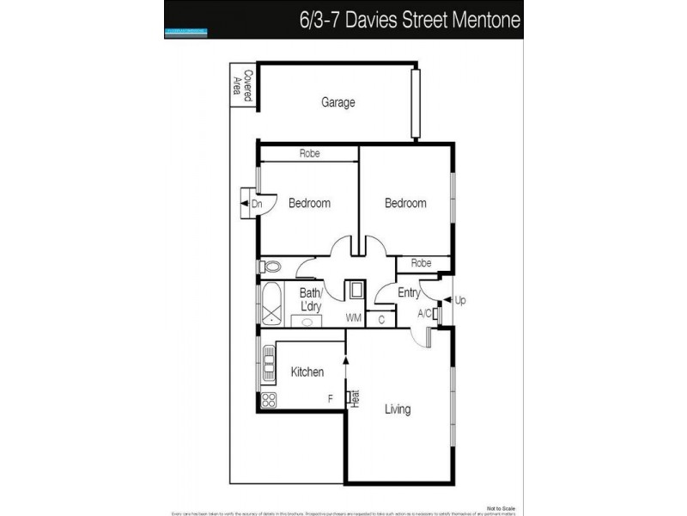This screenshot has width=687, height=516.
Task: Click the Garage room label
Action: tap(338, 102)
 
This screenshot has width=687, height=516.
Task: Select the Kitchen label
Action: tap(307, 372)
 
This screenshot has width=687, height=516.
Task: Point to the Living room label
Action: tap(398, 409)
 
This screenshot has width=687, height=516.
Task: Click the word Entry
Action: tap(409, 293)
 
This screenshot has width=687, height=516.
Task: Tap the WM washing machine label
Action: tap(353, 318)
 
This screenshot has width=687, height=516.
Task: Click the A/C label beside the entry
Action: tap(424, 314)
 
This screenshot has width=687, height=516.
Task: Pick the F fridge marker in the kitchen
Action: tap(330, 398)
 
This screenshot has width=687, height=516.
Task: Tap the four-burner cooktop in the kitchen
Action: tap(268, 400)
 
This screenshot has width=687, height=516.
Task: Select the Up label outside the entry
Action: tap(459, 301)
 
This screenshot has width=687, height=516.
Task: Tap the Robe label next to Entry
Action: tap(421, 263)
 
